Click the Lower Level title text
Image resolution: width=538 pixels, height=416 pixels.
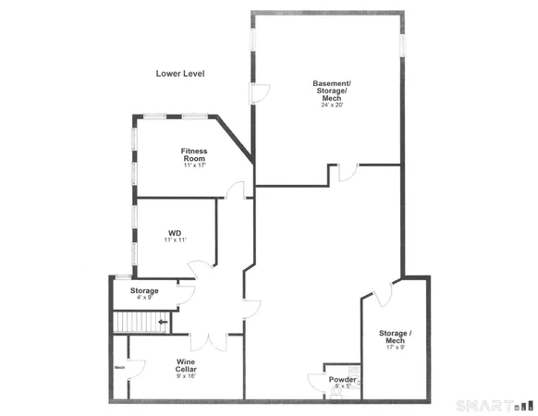180,73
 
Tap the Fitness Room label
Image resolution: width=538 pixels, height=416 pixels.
194,154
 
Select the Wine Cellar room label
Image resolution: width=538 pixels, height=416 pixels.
186,365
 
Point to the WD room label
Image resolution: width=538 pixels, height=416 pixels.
174,233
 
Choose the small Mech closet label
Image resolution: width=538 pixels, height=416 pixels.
119,367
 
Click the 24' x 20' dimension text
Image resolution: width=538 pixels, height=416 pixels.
331,105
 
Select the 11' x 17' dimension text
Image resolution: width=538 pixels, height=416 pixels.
194,166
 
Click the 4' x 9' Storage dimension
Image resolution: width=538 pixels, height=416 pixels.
144,298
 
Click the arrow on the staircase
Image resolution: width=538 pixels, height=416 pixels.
163,323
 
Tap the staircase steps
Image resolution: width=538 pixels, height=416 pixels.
132,323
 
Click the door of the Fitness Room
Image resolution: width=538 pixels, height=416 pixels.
236,190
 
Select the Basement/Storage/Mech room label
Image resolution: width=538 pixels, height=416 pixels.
331,91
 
